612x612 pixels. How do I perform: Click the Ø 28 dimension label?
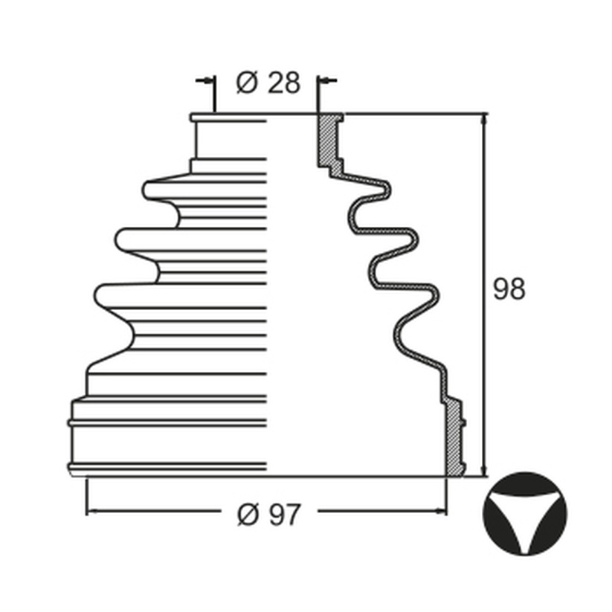[268, 83]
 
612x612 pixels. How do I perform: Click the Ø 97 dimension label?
[269, 515]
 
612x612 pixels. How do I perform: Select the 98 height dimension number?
[509, 289]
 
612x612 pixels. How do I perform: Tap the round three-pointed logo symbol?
[525, 514]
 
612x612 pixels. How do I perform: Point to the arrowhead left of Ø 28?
[209, 81]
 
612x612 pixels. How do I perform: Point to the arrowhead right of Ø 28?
[323, 81]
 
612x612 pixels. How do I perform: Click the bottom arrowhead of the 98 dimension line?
[484, 471]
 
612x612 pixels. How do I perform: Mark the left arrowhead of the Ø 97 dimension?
[91, 511]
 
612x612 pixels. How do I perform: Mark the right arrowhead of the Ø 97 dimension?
[441, 511]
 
